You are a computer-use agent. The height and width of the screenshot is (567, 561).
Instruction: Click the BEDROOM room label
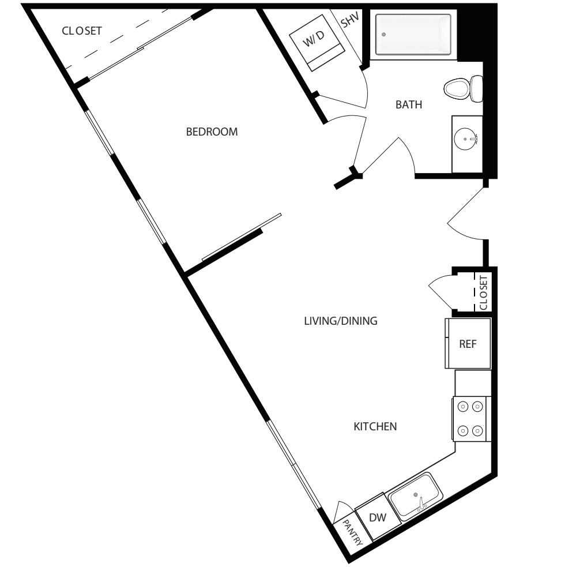click(212, 132)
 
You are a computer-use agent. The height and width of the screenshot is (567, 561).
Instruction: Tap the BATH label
click(409, 105)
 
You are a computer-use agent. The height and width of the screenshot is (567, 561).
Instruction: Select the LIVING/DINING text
click(340, 321)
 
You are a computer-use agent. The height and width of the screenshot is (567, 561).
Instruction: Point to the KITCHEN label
click(375, 427)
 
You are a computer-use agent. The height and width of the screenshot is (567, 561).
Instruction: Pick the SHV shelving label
click(349, 21)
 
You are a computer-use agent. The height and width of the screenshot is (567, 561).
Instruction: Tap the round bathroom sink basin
click(466, 138)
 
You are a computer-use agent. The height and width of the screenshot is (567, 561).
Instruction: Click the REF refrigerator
click(468, 344)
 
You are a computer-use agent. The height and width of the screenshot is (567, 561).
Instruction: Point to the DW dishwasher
click(377, 517)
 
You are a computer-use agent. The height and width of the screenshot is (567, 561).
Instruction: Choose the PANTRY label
click(352, 532)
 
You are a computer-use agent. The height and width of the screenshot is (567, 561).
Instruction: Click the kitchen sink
click(415, 495)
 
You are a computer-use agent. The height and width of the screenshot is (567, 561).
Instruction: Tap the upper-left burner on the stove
click(463, 407)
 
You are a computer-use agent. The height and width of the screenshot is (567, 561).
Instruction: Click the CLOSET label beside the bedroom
click(82, 31)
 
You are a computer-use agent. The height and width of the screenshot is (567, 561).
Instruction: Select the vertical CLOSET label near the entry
click(483, 293)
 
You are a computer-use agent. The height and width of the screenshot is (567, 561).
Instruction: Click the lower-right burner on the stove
click(477, 430)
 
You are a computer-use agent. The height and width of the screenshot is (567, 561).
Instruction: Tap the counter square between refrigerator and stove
click(473, 383)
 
